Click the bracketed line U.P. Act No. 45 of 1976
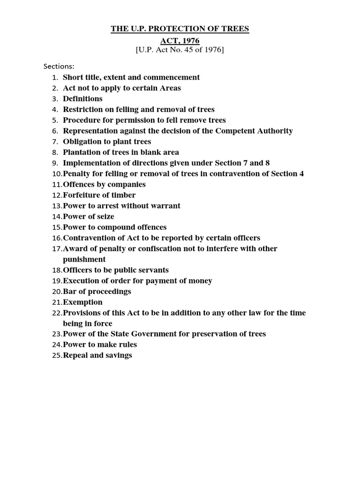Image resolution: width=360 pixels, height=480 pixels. tap(180, 50)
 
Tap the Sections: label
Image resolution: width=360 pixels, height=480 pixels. tap(59, 66)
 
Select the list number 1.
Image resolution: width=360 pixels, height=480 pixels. tap(55, 78)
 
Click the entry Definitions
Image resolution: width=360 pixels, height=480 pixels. tap(82, 99)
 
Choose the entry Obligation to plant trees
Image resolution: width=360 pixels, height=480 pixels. tap(107, 142)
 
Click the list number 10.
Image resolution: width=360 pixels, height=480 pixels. tap(56, 174)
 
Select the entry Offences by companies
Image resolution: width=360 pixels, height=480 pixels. tap(104, 184)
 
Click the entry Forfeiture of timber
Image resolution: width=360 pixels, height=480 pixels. tap(99, 195)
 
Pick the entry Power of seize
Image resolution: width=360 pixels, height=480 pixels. tap(89, 217)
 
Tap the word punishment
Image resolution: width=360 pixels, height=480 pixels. tap(84, 259)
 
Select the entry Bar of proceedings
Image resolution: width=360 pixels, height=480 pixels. tap(97, 292)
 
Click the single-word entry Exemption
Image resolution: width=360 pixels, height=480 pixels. tap(82, 302)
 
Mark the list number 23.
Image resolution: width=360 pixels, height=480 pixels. tap(56, 334)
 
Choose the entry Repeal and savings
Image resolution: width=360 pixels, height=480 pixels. tap(97, 355)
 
